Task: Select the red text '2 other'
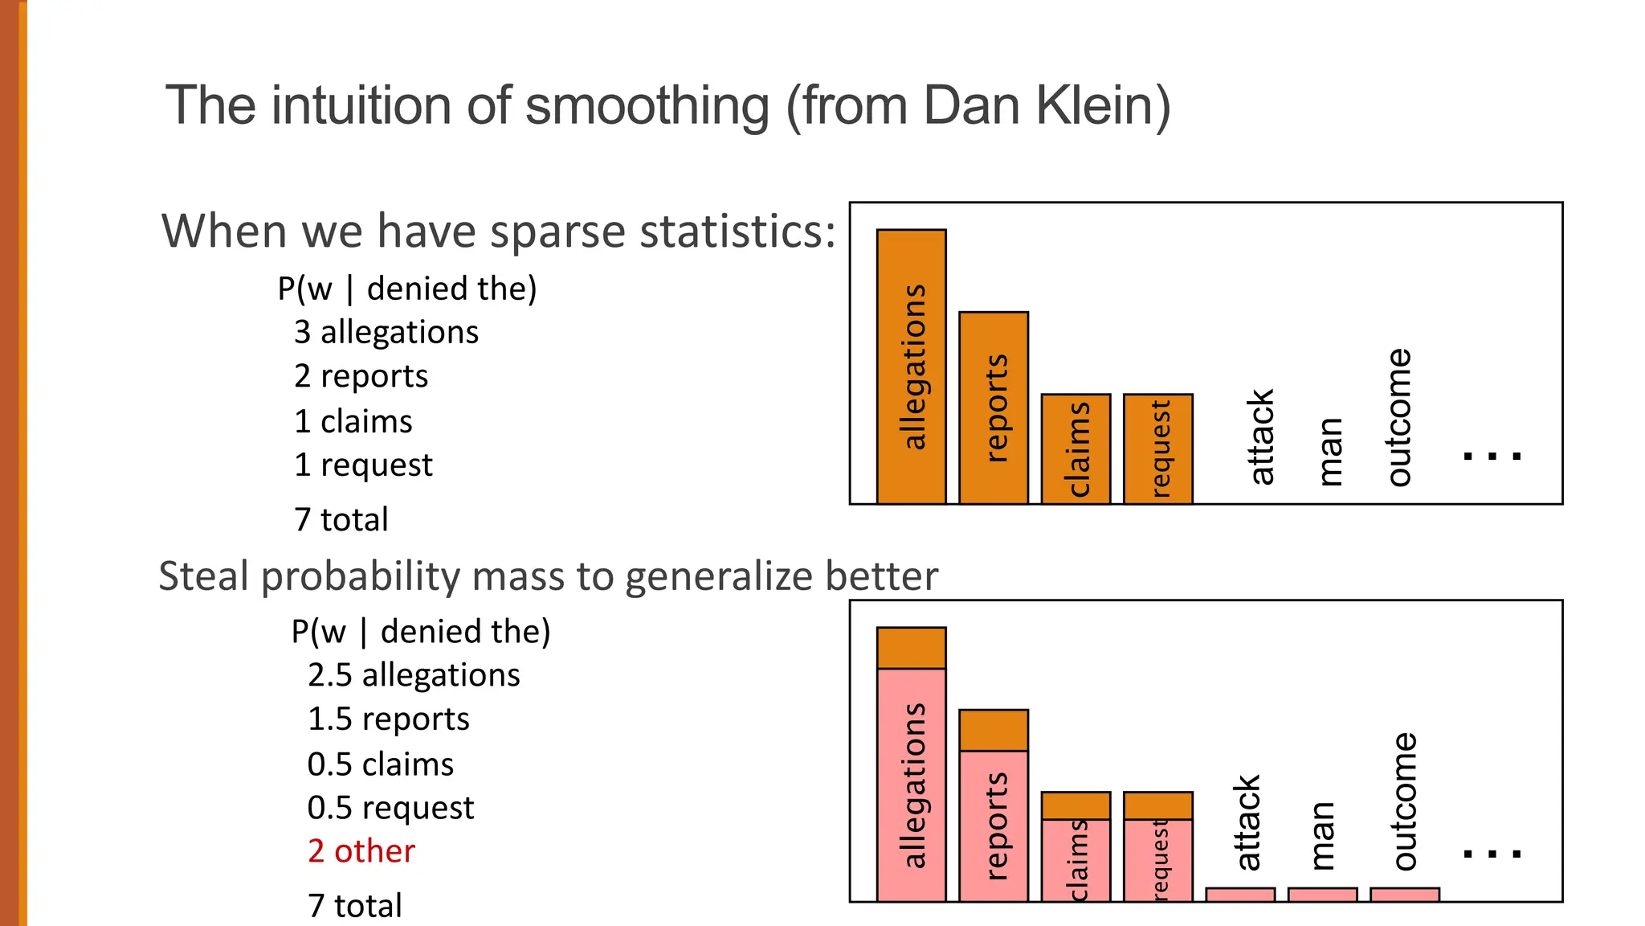coord(361,851)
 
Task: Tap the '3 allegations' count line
coord(386,332)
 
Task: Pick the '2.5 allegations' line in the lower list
coord(414,675)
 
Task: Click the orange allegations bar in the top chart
coord(911,367)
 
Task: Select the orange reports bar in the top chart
coord(994,408)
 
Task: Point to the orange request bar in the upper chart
coord(1157,449)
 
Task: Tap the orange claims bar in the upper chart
coord(1076,449)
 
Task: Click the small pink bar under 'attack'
coord(1240,895)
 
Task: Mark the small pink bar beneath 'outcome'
coord(1404,895)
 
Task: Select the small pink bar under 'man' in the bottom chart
coord(1322,895)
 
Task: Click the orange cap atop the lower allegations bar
coord(911,648)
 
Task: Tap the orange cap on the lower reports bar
coord(994,730)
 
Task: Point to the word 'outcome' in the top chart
coord(1399,417)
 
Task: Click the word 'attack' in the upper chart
coord(1261,436)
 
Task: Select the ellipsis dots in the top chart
coord(1492,456)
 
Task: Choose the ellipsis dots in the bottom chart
coord(1492,854)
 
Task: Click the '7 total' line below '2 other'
coord(354,906)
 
